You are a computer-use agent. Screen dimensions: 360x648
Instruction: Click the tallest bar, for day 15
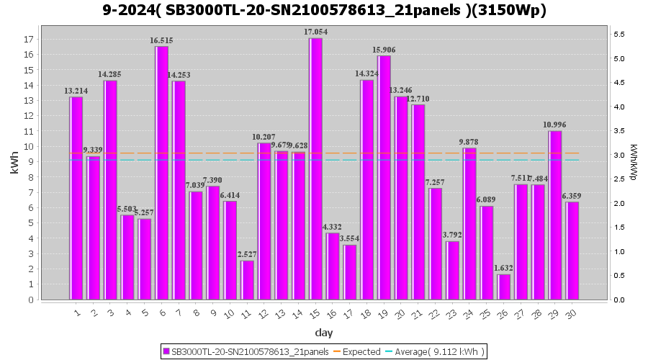click(315, 168)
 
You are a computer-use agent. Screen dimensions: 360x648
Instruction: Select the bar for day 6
click(162, 173)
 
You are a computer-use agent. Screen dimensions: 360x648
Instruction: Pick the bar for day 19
click(384, 177)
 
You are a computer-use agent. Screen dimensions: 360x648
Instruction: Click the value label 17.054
click(315, 32)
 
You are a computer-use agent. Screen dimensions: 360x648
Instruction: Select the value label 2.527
click(247, 254)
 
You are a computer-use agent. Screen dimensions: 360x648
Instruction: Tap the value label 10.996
click(554, 125)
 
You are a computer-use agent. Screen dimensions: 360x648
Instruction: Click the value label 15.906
click(384, 50)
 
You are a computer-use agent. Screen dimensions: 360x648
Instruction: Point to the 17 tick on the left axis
click(29, 39)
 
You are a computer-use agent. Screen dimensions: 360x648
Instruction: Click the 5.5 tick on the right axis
click(618, 34)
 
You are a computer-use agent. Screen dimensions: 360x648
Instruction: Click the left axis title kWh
click(14, 166)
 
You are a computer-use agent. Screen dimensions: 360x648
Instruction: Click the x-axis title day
click(324, 333)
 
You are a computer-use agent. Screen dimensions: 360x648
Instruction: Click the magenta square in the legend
click(166, 351)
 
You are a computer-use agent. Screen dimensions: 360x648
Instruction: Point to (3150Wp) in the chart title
click(507, 11)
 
